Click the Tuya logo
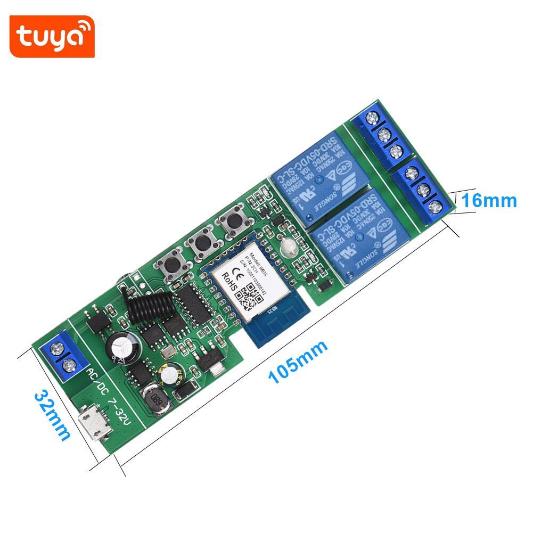(52, 36)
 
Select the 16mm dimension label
(488, 200)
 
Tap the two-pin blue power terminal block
(63, 356)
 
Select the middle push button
(202, 243)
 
